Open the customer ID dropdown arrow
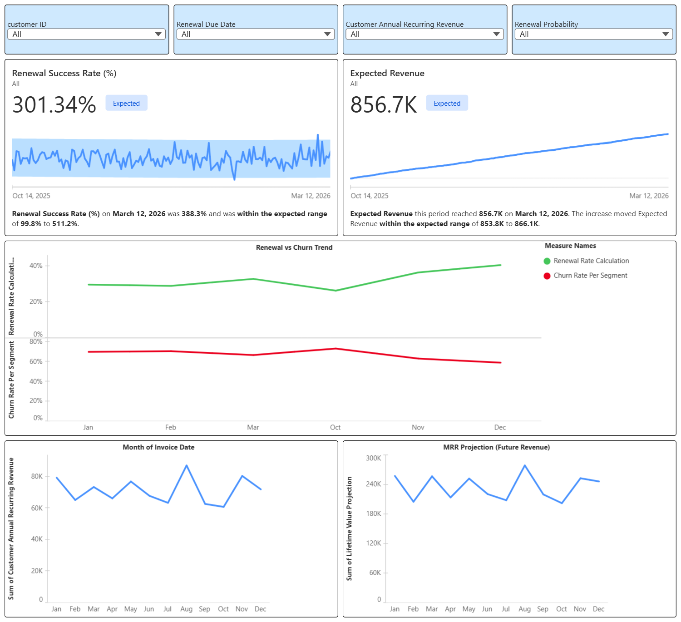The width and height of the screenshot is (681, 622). (158, 34)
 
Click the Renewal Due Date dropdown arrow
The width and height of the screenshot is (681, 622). (327, 34)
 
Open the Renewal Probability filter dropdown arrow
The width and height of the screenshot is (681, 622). (666, 34)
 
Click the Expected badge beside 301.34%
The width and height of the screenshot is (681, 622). (126, 103)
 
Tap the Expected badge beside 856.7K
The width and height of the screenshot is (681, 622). (447, 103)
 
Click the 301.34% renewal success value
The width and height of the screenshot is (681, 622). (54, 105)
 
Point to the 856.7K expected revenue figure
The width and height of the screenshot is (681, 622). (384, 105)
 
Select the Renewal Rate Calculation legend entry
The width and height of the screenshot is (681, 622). (591, 261)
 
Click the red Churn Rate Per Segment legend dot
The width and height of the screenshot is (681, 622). (547, 276)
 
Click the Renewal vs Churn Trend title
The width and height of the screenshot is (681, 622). (294, 247)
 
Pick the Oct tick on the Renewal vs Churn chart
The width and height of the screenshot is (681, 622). (335, 427)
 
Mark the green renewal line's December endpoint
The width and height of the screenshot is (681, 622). (500, 265)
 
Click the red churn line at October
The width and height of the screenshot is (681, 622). (336, 349)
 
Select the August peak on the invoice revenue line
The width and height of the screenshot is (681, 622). (187, 465)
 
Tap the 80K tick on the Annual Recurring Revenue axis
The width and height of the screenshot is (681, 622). (37, 476)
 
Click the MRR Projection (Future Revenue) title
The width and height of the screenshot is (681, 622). (496, 447)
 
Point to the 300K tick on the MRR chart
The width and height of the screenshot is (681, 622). (374, 458)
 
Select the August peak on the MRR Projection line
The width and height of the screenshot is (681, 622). (525, 465)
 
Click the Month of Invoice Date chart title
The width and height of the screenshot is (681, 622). (158, 447)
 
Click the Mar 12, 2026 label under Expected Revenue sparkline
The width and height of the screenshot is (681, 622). (648, 196)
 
